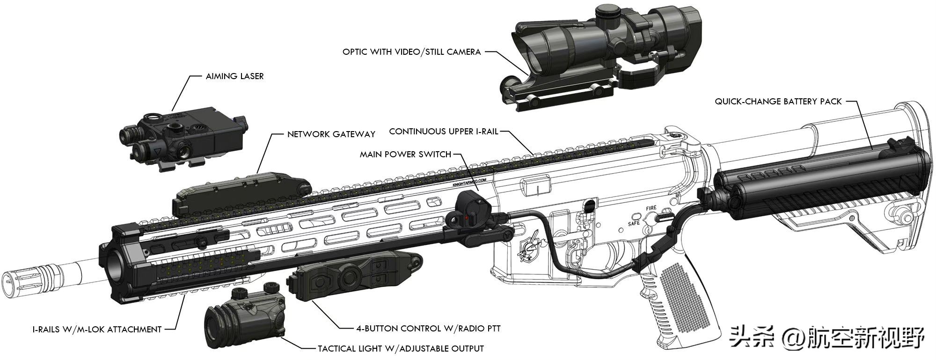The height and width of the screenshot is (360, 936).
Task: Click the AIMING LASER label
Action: pyautogui.click(x=234, y=76)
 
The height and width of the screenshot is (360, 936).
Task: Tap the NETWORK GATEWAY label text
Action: pyautogui.click(x=331, y=134)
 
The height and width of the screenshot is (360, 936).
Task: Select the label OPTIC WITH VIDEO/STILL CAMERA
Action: pyautogui.click(x=411, y=51)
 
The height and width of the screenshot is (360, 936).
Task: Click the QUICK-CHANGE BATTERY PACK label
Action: pyautogui.click(x=778, y=101)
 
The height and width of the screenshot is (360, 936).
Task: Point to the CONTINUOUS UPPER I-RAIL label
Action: pyautogui.click(x=444, y=132)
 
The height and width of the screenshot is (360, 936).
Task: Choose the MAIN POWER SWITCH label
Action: pyautogui.click(x=405, y=154)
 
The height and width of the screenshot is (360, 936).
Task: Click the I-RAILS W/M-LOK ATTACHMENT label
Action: pyautogui.click(x=97, y=330)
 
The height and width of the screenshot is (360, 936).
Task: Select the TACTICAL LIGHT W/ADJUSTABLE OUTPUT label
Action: pyautogui.click(x=401, y=349)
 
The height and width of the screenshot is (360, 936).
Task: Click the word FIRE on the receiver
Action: pyautogui.click(x=651, y=208)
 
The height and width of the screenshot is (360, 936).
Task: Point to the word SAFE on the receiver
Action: pyautogui.click(x=634, y=223)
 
